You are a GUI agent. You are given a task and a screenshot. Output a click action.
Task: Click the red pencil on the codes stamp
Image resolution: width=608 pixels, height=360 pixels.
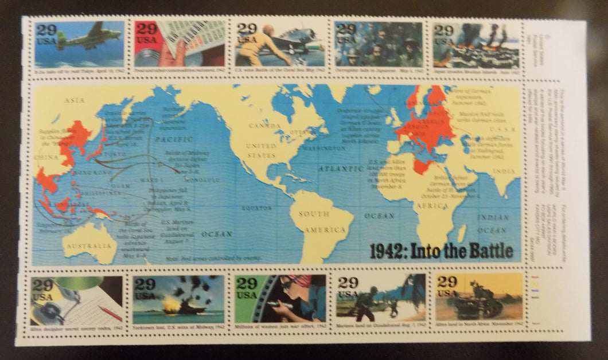click(x=108, y=312)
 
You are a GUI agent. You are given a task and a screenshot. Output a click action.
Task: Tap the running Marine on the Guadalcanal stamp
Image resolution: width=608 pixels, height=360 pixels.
click(x=364, y=303)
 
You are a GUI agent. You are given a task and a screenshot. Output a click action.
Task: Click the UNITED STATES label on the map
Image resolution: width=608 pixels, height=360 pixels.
click(x=262, y=151)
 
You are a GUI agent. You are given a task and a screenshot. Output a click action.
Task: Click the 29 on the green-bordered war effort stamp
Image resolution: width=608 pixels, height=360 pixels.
click(x=247, y=283)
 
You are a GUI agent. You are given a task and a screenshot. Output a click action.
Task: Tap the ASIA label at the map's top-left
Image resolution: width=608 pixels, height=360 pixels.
click(x=75, y=100)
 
